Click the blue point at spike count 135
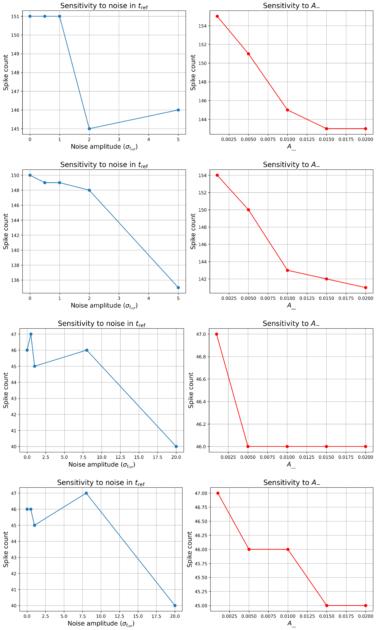click(x=178, y=288)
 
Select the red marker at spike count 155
click(x=217, y=16)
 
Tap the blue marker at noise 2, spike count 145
click(x=89, y=129)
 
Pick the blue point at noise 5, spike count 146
click(x=178, y=110)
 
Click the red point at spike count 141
click(x=365, y=288)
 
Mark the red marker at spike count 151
click(x=248, y=54)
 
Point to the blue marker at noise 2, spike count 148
click(x=89, y=190)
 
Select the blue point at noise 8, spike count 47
click(x=86, y=493)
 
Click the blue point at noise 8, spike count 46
click(x=87, y=350)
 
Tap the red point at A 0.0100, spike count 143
click(x=287, y=270)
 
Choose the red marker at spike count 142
click(x=326, y=279)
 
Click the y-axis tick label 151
click(x=15, y=17)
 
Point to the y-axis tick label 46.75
click(x=201, y=507)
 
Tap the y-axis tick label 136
click(x=15, y=280)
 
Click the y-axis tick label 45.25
click(x=201, y=592)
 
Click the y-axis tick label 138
click(x=15, y=265)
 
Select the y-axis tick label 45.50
click(x=201, y=578)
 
